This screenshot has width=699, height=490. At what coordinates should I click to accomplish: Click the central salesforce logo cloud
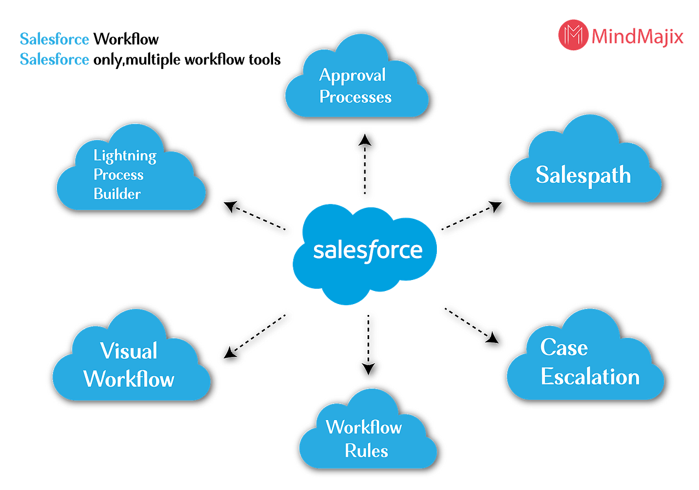click(365, 253)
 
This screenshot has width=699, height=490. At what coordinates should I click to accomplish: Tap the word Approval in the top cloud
click(352, 75)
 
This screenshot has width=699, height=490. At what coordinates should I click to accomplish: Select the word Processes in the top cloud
click(356, 97)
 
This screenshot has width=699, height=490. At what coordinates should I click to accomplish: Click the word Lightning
click(125, 156)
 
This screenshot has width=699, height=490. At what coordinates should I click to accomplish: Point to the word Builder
click(117, 194)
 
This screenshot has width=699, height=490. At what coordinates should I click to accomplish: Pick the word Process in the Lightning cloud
click(119, 175)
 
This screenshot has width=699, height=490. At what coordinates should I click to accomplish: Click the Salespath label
click(583, 175)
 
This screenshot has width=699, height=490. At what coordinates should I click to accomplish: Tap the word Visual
click(129, 351)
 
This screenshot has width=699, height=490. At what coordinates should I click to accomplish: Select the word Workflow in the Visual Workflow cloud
click(129, 379)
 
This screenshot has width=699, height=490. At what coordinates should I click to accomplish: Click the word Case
click(564, 348)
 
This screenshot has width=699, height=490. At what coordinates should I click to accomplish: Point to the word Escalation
click(590, 377)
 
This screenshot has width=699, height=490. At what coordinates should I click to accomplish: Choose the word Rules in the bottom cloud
click(366, 451)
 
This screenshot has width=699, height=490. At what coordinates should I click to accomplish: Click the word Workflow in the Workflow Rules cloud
click(364, 427)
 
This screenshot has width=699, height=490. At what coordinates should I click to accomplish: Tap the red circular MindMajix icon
click(573, 36)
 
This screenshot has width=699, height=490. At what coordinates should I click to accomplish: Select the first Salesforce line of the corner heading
click(55, 39)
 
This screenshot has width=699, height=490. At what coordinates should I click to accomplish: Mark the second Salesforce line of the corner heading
click(55, 59)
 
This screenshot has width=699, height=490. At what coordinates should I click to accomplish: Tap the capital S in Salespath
click(543, 175)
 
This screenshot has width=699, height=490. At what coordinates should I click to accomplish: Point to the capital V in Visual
click(108, 351)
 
